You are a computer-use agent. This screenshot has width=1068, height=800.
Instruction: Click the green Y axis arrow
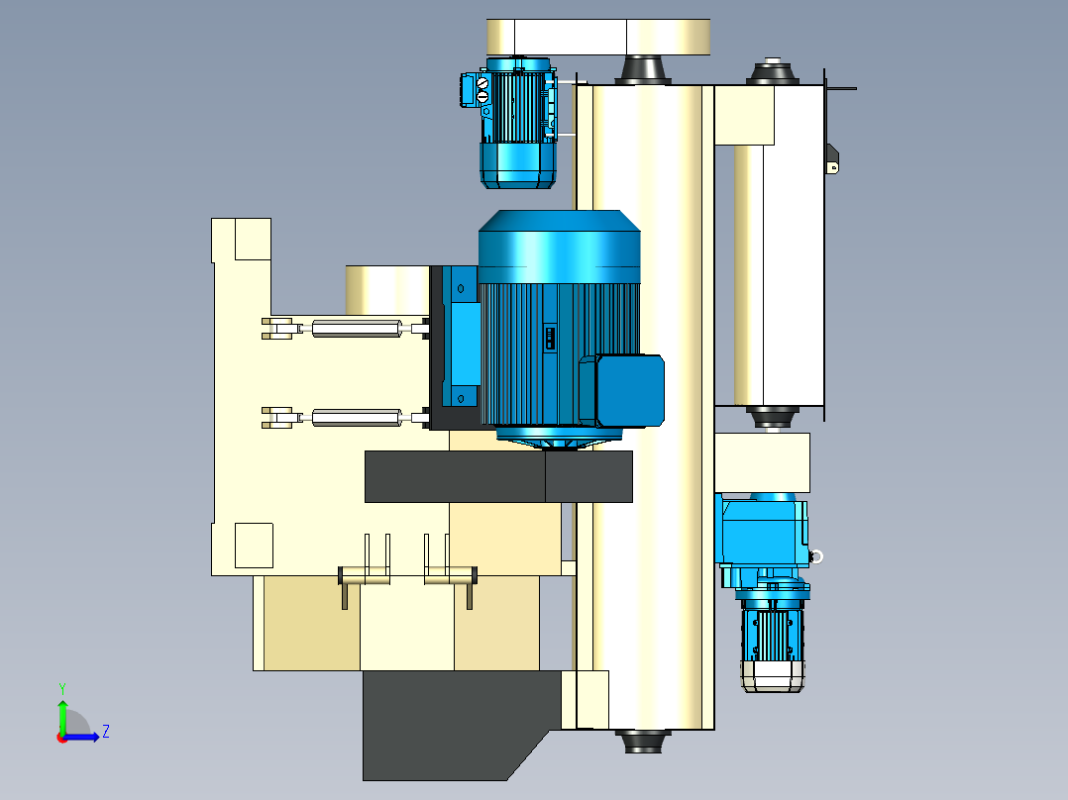tap(62, 716)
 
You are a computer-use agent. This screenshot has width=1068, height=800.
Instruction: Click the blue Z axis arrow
tap(81, 737)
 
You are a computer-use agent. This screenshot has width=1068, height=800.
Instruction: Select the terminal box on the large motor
tap(630, 391)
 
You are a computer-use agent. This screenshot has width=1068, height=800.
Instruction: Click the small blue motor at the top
tap(518, 123)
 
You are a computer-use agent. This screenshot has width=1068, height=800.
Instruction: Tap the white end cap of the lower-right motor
tap(773, 676)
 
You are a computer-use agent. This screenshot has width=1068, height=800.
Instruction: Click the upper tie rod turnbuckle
tap(357, 329)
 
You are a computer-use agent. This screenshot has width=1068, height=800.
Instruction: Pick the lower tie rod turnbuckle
tap(357, 418)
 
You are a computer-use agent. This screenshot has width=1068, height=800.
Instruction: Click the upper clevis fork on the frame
tap(277, 328)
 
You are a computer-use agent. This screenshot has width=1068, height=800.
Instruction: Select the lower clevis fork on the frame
tap(277, 418)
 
